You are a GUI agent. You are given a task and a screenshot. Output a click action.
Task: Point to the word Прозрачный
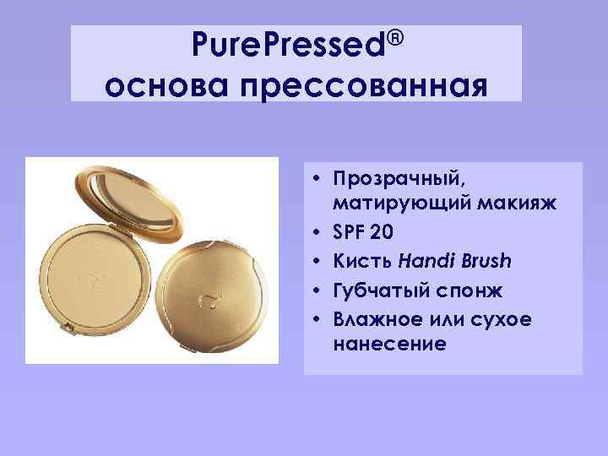point(399,180)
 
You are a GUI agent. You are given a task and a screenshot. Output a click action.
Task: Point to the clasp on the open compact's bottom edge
point(94,349)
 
